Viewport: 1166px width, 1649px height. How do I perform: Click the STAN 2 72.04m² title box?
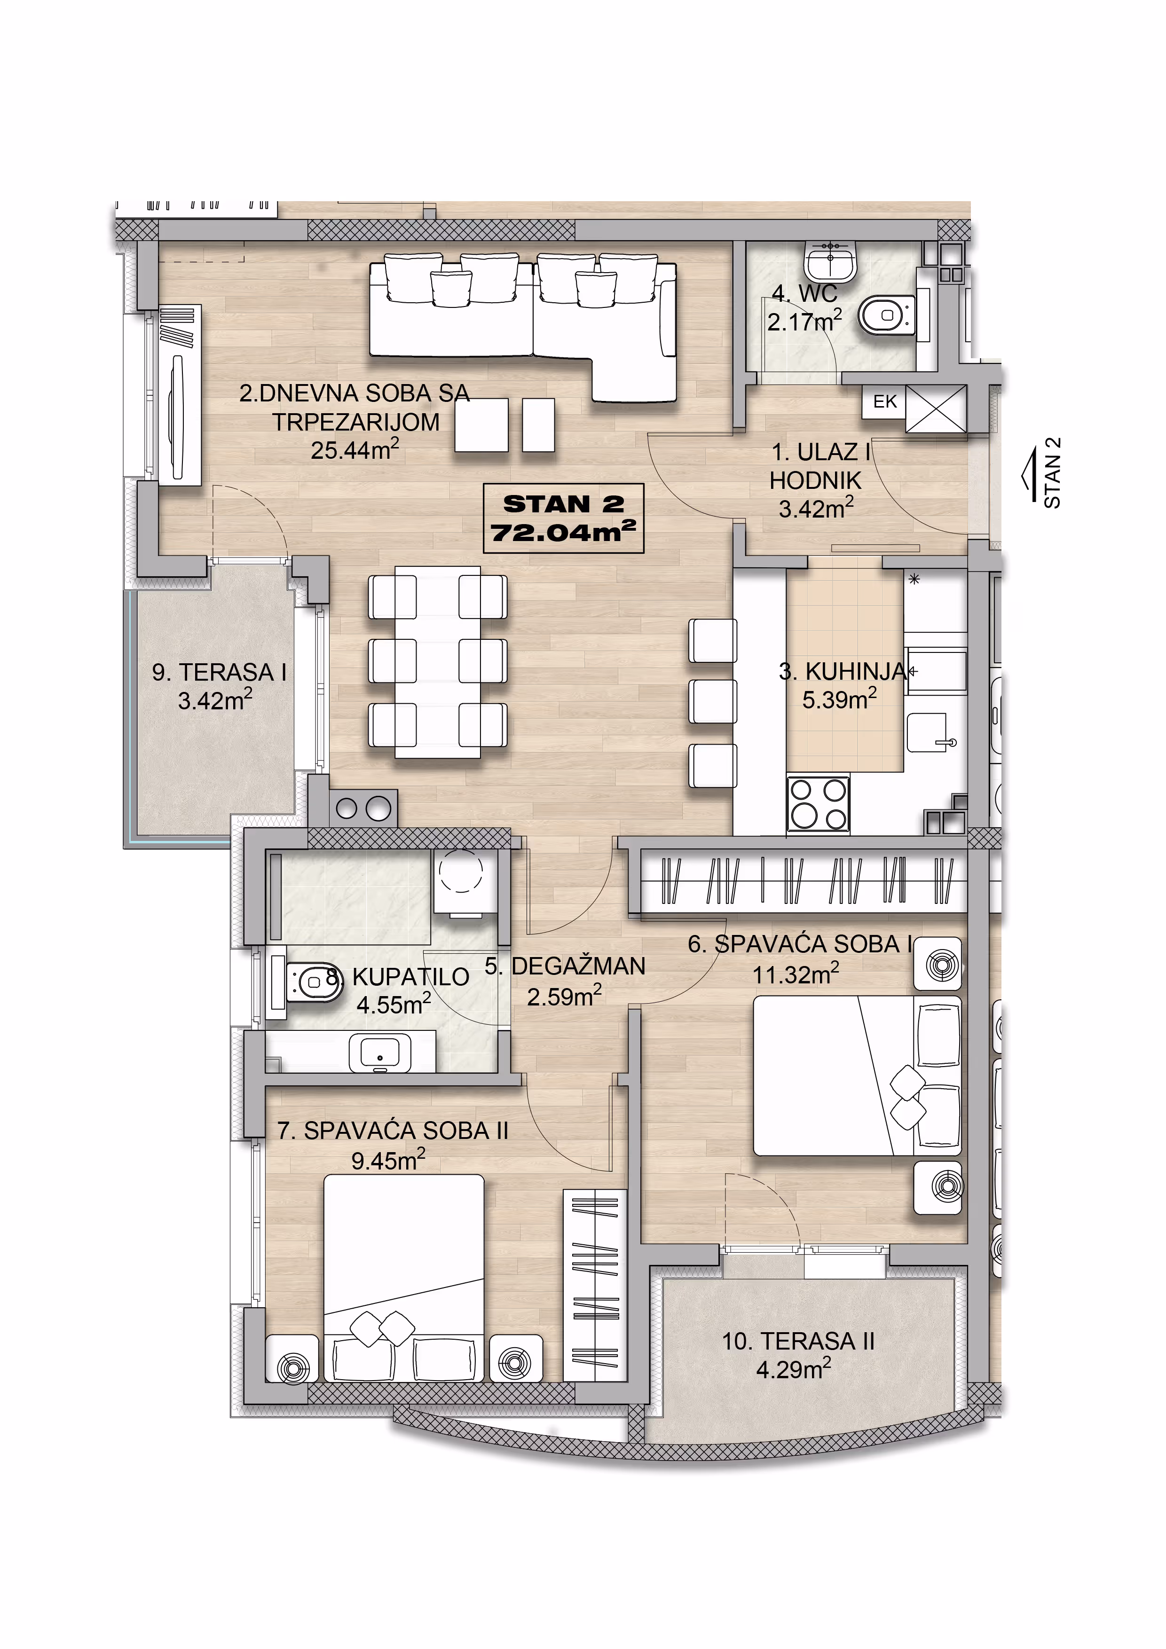click(x=563, y=518)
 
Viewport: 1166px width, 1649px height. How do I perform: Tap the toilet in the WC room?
click(x=888, y=315)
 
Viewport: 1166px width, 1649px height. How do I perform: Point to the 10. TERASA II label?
click(x=798, y=1341)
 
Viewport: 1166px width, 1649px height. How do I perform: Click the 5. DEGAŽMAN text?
click(x=565, y=967)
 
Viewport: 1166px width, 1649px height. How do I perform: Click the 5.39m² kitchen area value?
click(x=839, y=699)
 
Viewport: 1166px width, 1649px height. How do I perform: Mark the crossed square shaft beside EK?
click(x=936, y=408)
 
